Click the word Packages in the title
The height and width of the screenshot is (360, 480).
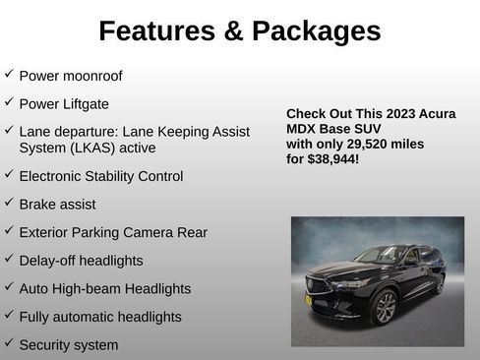316,31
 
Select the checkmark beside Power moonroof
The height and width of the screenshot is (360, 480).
9,74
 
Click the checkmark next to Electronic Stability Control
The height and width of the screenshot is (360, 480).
9,175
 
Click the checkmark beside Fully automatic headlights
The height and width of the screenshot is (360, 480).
9,316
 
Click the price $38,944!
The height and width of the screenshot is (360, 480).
331,158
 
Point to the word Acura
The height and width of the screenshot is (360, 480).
439,114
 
